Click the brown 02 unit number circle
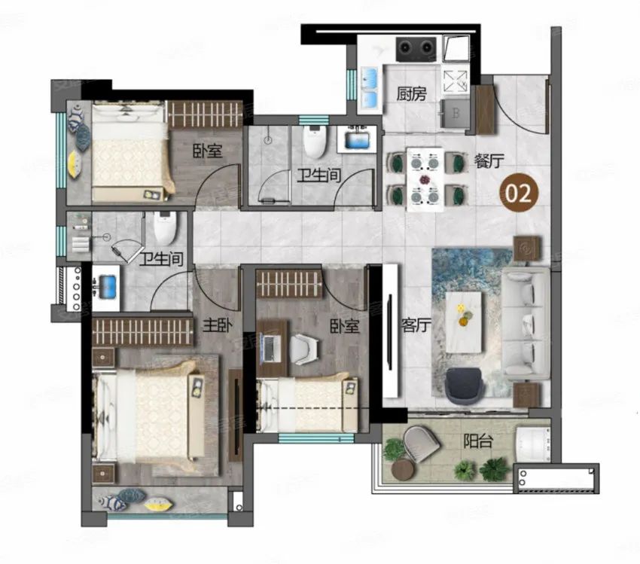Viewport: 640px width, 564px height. click(x=520, y=193)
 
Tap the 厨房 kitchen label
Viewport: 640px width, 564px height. click(x=411, y=94)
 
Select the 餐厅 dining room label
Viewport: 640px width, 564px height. click(x=489, y=161)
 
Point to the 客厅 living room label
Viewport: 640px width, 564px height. click(x=416, y=325)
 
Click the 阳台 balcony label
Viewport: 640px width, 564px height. click(x=478, y=441)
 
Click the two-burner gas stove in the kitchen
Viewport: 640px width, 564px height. click(x=416, y=48)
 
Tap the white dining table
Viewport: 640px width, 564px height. click(x=425, y=179)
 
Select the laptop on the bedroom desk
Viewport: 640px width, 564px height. click(x=270, y=348)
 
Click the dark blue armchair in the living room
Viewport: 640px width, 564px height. click(x=465, y=386)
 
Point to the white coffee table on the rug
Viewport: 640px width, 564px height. click(x=464, y=322)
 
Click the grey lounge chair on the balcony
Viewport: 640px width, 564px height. click(x=421, y=444)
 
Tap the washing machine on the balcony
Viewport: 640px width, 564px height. click(x=532, y=445)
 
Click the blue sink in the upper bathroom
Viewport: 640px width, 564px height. click(x=357, y=140)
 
